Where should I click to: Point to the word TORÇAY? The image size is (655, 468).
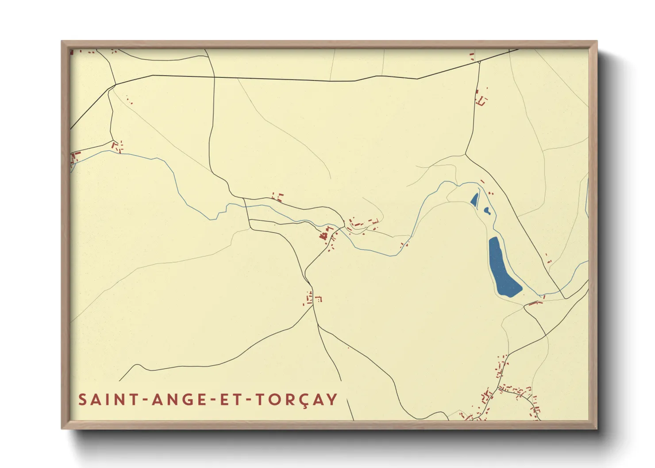(297, 399)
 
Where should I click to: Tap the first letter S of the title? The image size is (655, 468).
(83, 399)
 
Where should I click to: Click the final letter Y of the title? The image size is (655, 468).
(332, 399)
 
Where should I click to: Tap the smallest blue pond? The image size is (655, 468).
(487, 211)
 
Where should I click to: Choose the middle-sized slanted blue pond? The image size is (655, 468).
(474, 200)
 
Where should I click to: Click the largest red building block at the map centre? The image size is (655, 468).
(324, 235)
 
